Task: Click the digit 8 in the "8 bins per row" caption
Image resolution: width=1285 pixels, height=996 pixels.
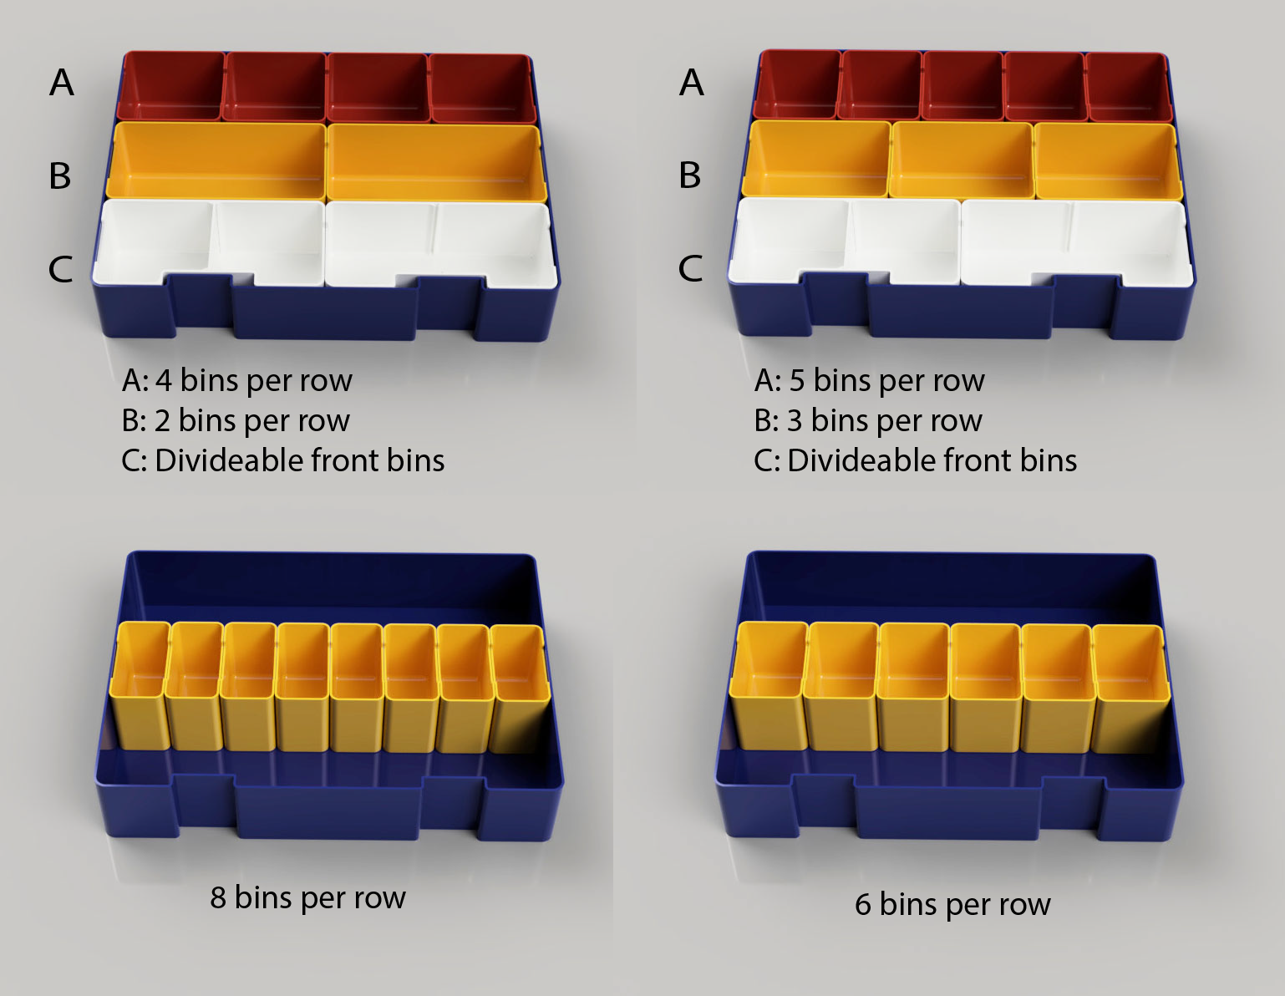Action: [x=218, y=898]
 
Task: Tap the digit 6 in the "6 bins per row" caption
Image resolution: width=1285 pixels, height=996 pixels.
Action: [x=863, y=905]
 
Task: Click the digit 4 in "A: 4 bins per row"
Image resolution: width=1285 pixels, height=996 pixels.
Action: [x=164, y=380]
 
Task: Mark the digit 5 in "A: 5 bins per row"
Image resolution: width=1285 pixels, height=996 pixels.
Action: [x=797, y=380]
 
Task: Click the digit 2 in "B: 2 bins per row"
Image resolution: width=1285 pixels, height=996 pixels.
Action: [x=162, y=421]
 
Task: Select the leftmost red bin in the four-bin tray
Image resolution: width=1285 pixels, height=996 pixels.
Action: [x=171, y=87]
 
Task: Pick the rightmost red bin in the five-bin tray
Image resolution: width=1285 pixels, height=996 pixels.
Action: [x=1128, y=86]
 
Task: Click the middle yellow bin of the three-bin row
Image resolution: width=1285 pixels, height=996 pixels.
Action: [x=962, y=160]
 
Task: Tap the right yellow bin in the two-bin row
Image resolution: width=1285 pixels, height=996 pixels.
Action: [x=436, y=163]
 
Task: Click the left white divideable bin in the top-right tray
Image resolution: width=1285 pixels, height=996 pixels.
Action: [x=845, y=243]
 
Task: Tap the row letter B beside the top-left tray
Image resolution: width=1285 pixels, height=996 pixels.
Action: [x=59, y=175]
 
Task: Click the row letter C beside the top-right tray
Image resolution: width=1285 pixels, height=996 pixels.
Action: [x=690, y=268]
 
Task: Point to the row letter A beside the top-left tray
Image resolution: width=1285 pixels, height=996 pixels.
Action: [x=62, y=82]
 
